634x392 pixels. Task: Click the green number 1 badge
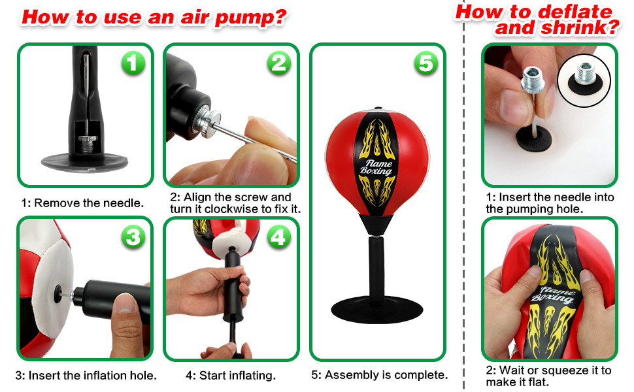[x=133, y=63]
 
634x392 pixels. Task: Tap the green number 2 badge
[x=279, y=63]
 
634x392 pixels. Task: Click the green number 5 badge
[x=425, y=63]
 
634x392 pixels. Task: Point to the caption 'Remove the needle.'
[x=89, y=203]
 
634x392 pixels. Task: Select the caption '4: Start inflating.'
[x=230, y=376]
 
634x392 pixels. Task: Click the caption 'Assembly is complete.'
[x=386, y=375]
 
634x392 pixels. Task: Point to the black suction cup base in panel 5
[x=376, y=306]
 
